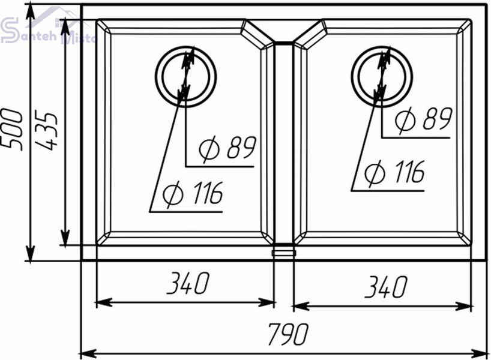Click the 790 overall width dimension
(288, 334)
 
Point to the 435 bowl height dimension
(46, 130)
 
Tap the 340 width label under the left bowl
(188, 283)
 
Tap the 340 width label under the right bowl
(386, 286)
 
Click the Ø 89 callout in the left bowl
(227, 148)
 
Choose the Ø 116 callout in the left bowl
(193, 193)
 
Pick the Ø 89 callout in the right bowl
(423, 119)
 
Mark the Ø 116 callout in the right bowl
(394, 172)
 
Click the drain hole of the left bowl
(185, 76)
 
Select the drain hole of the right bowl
(382, 76)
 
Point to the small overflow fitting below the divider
(284, 253)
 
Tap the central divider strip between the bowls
(284, 143)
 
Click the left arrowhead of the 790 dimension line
(88, 355)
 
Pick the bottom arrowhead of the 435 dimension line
(65, 238)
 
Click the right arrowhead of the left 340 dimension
(267, 302)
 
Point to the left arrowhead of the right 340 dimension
(301, 306)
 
